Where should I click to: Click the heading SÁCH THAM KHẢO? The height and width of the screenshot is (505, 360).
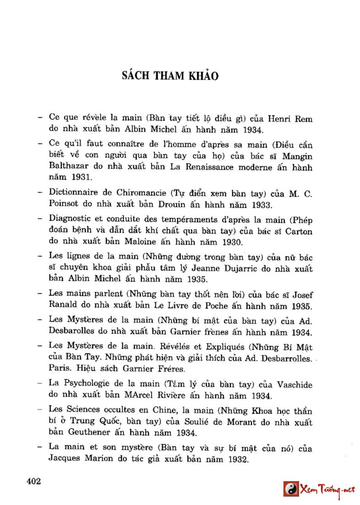pos(170,76)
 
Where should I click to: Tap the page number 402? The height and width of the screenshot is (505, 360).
pos(34,481)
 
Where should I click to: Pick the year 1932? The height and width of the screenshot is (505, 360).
pos(234,460)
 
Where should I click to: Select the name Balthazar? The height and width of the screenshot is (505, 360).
pos(68,167)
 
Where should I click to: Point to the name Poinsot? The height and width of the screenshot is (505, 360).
pos(65,204)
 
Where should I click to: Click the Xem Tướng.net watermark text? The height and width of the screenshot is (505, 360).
pos(327,490)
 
